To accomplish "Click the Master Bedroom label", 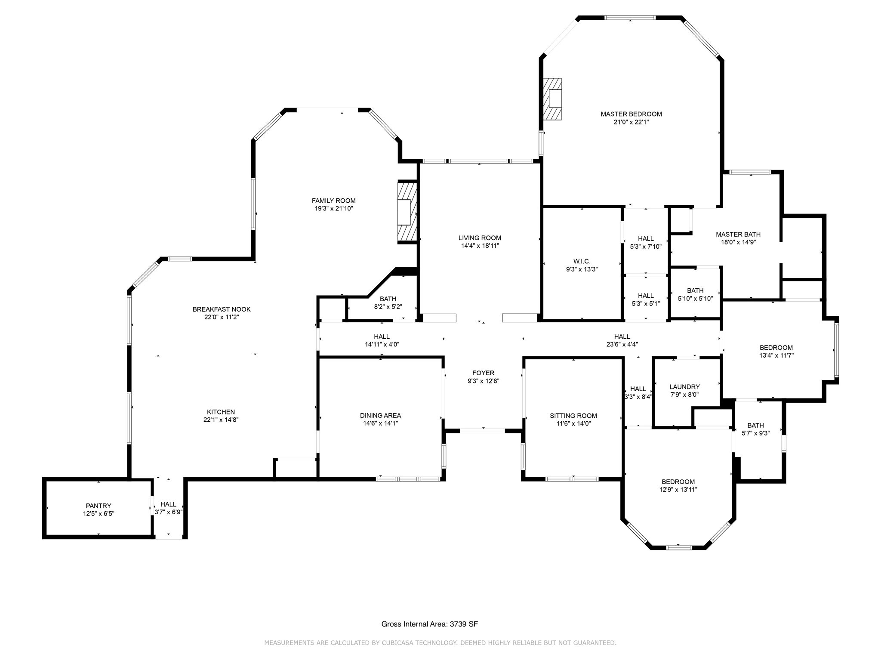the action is (x=631, y=114).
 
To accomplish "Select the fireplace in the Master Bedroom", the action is (x=552, y=99).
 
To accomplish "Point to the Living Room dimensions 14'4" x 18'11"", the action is (x=480, y=246).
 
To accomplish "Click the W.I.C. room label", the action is (x=582, y=261).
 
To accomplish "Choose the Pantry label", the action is (x=99, y=506).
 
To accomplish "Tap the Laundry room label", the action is (x=684, y=387).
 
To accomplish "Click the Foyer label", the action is (x=483, y=373).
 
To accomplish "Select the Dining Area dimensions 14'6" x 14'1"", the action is (x=380, y=423).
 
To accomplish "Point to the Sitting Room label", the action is (x=573, y=416).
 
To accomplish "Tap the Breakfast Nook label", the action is (x=222, y=309).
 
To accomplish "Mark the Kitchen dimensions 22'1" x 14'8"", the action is (x=221, y=420).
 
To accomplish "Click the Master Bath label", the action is (x=738, y=234).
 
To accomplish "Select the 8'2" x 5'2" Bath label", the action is (x=388, y=299).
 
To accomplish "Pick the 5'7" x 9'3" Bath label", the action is (x=755, y=426).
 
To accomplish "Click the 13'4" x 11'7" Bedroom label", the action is (x=776, y=348).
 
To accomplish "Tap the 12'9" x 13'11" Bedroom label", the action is (x=678, y=482).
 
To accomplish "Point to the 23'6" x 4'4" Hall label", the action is (x=622, y=337).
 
